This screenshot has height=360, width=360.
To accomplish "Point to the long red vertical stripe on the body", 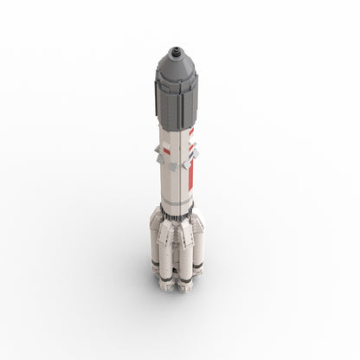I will (190, 164).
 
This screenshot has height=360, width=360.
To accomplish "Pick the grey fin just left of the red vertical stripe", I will (184, 159).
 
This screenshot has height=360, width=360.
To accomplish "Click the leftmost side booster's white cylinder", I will (156, 242).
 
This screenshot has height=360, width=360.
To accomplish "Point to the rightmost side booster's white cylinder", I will (198, 242).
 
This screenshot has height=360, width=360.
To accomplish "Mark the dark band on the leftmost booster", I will (156, 260).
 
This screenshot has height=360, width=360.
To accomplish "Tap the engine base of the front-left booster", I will (167, 280).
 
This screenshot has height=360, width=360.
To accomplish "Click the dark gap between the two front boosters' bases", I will (176, 282).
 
